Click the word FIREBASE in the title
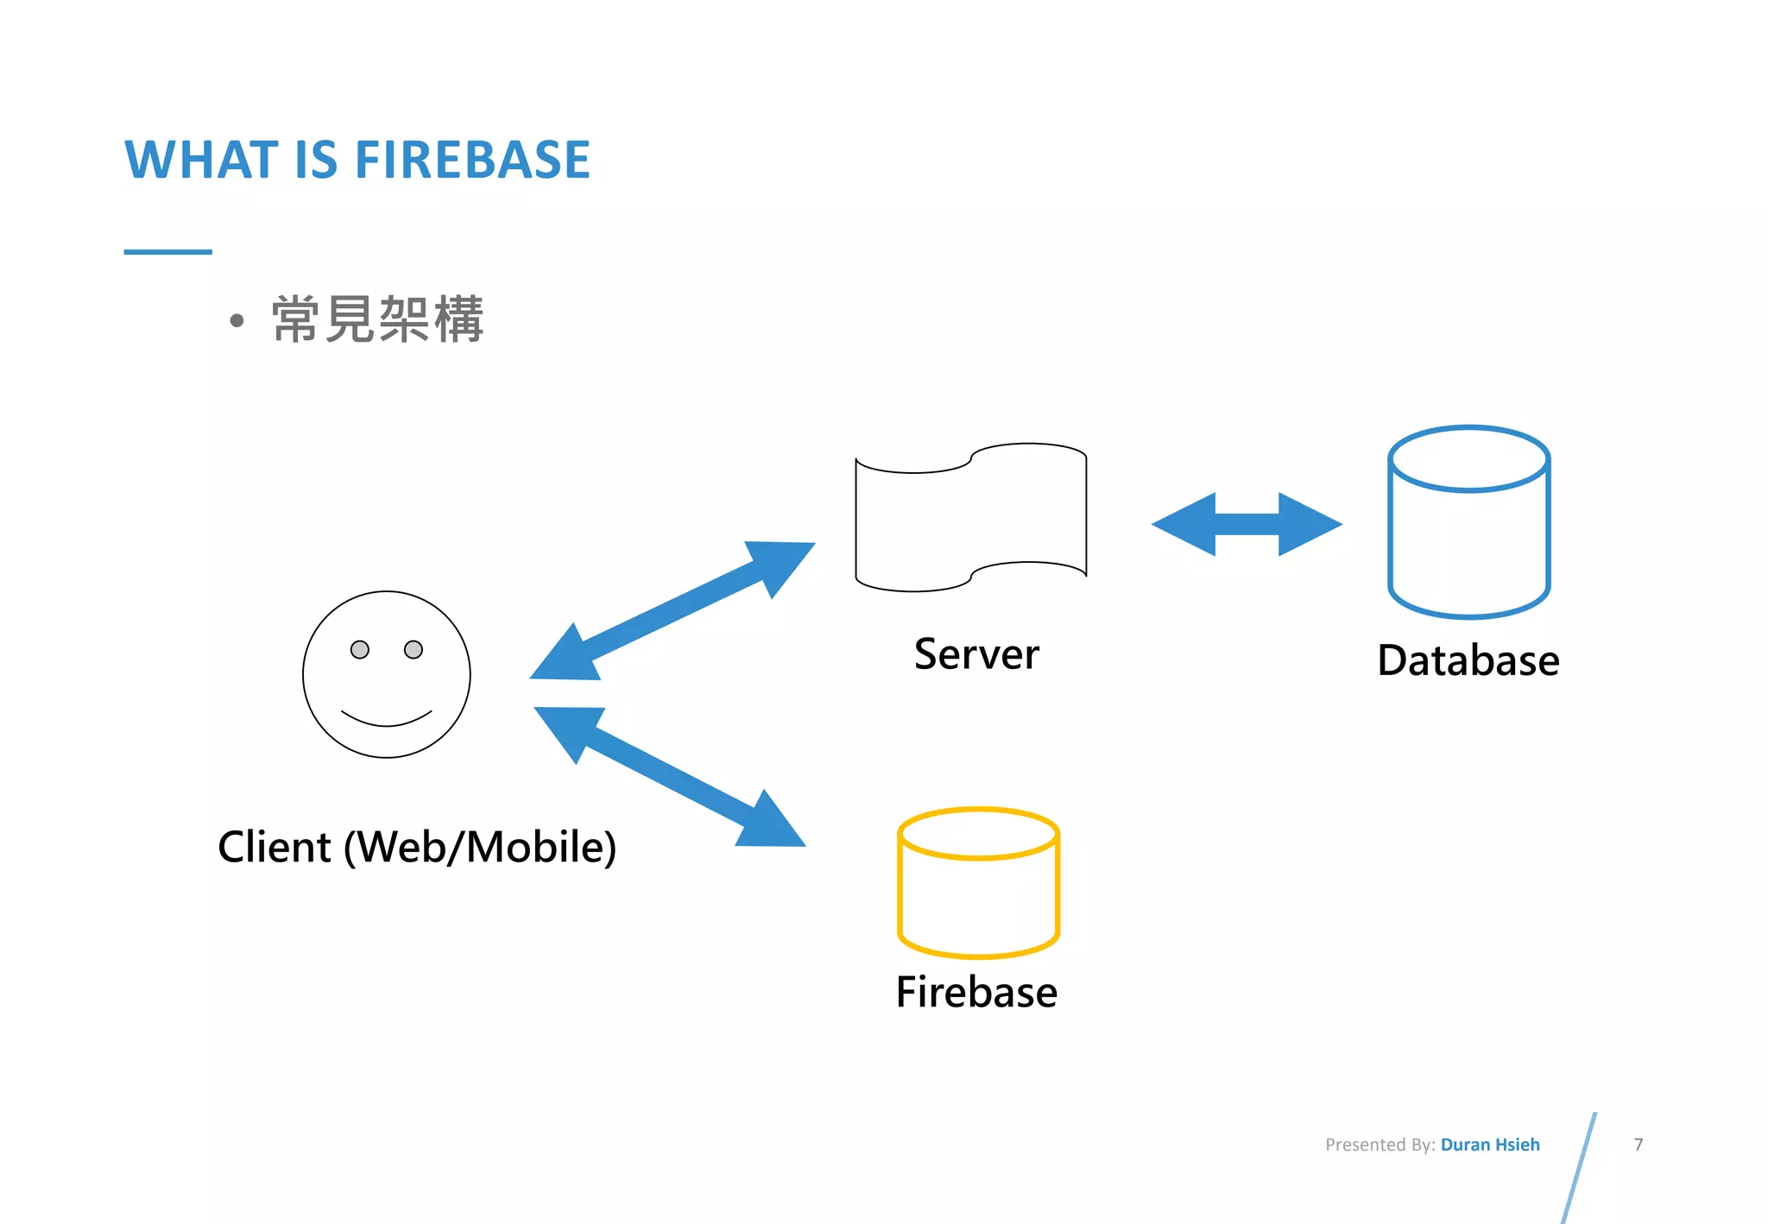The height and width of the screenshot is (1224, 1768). (472, 161)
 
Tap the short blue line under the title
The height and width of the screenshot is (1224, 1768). (167, 252)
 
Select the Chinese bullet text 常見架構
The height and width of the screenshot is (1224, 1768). (377, 319)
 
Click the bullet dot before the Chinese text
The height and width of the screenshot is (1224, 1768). (237, 321)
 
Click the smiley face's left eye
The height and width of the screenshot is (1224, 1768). (360, 649)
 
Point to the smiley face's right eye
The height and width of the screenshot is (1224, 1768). (414, 649)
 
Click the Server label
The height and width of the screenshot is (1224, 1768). (976, 653)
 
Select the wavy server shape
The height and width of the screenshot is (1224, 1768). (970, 518)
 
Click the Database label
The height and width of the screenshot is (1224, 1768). (1468, 660)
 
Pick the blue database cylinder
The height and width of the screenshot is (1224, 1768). (1468, 535)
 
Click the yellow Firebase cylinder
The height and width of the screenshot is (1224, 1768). (978, 889)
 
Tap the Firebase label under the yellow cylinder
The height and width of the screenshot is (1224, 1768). (976, 992)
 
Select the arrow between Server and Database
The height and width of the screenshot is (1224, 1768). (1247, 524)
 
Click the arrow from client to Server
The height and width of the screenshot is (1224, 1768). (672, 611)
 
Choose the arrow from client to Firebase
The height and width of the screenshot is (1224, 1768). (670, 777)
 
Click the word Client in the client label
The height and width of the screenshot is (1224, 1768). (275, 847)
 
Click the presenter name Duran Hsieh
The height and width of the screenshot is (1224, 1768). (1490, 1145)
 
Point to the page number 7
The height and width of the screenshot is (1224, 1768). (1638, 1145)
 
